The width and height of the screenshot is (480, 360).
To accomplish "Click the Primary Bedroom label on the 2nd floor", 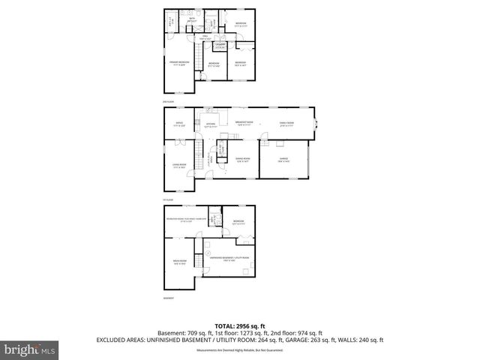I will click(x=178, y=63).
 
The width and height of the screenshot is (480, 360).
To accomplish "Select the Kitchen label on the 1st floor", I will click(x=211, y=124).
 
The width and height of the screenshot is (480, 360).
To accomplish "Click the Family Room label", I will click(x=286, y=124).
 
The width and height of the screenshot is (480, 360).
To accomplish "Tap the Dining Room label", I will click(x=242, y=160).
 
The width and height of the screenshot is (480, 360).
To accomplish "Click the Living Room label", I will click(x=178, y=166).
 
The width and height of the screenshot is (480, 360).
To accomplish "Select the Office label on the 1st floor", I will click(x=178, y=124).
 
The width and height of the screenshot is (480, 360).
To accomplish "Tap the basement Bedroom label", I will click(x=238, y=222).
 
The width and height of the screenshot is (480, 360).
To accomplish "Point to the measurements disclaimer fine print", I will click(x=239, y=350).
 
